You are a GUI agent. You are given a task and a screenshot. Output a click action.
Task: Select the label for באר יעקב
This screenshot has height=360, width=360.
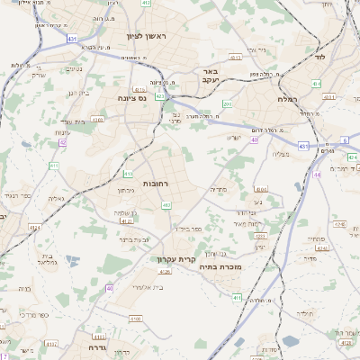pyautogui.click(x=210, y=76)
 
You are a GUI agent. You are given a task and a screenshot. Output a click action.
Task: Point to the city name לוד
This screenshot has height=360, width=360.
pyautogui.click(x=319, y=56)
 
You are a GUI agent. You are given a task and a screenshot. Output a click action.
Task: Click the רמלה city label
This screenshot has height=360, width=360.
pyautogui.click(x=288, y=98)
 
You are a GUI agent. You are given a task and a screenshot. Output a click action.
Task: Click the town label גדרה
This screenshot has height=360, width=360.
pyautogui.click(x=99, y=346)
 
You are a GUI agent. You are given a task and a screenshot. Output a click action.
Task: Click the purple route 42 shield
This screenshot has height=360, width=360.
pyautogui.click(x=63, y=141)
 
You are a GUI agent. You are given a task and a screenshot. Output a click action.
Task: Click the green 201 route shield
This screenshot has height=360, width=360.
pyautogui.click(x=228, y=104)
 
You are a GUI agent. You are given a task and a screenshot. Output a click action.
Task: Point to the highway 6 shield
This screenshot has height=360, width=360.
pyautogui.click(x=346, y=140)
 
